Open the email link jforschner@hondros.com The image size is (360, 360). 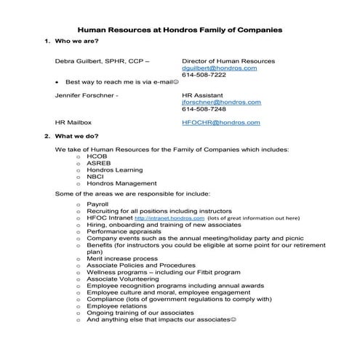(x=220, y=103)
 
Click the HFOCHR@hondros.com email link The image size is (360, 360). (x=221, y=123)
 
